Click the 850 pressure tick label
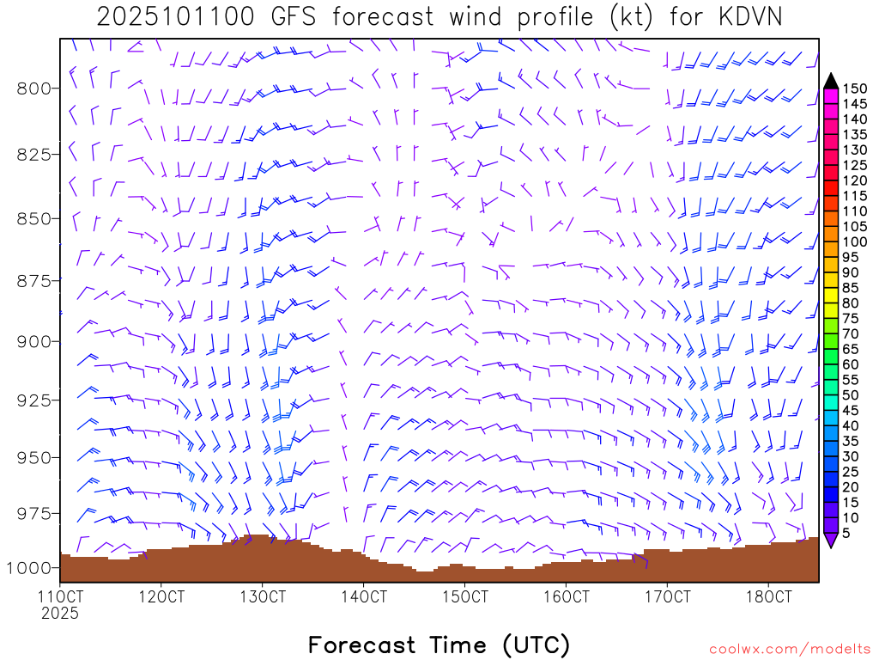tap(33, 218)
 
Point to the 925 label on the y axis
tap(33, 400)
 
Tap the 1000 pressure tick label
tap(29, 567)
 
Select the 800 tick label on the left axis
tap(33, 88)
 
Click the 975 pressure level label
tap(33, 513)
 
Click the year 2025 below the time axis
tap(60, 614)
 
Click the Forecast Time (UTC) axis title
tap(439, 645)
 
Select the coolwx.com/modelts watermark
tap(789, 650)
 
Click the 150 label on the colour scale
tap(855, 89)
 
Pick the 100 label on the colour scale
tap(855, 241)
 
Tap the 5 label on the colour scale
tap(846, 534)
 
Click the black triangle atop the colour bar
tap(831, 80)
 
